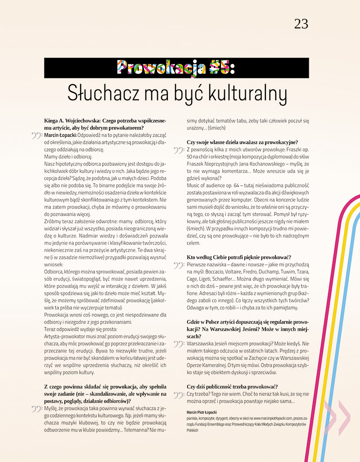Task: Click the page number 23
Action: [301, 24]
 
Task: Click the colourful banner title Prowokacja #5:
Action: [176, 67]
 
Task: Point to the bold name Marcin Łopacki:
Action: [61, 135]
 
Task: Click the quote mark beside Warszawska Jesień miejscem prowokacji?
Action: [179, 344]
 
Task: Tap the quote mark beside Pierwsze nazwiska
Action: [179, 265]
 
